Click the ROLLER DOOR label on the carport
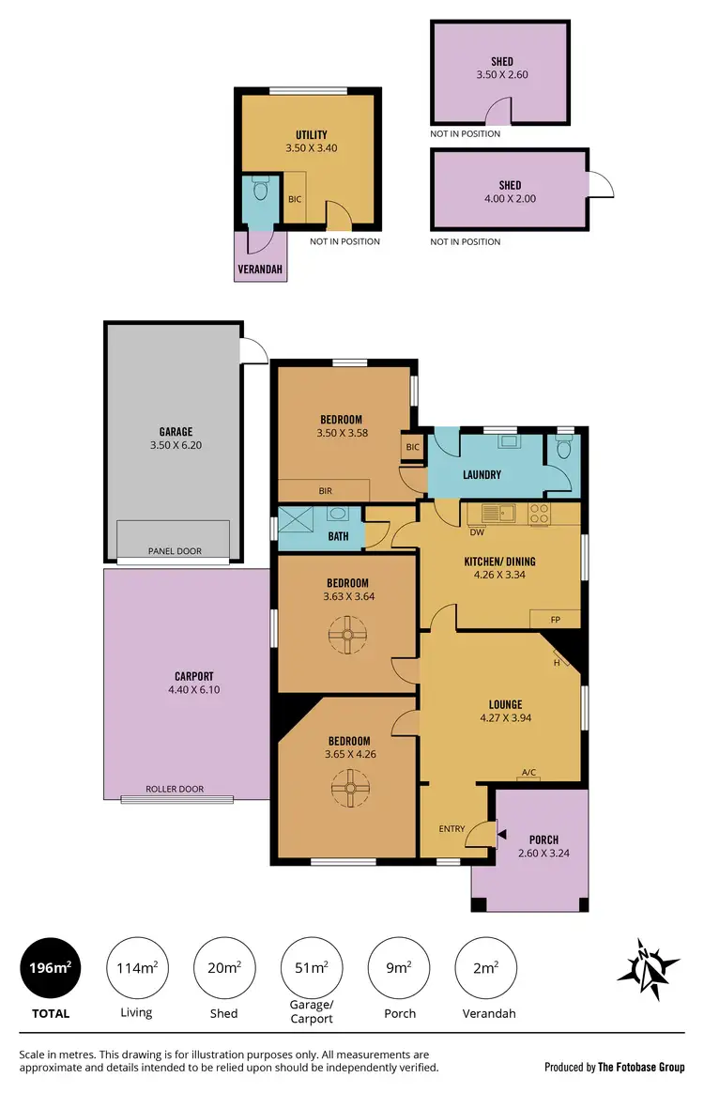point(175,789)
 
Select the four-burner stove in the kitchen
point(540,514)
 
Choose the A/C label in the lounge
point(528,773)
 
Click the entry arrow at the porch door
point(501,833)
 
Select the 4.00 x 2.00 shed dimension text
point(510,198)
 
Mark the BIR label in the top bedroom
point(325,491)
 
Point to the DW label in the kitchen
point(476,531)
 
